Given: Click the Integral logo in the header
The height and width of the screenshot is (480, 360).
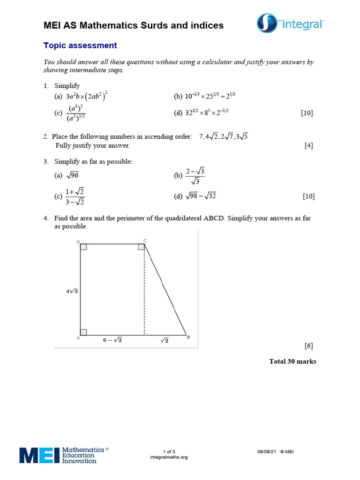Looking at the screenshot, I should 291,23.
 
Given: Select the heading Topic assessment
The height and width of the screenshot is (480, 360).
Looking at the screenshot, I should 80,45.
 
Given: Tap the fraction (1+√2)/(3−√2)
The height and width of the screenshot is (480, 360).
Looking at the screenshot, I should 75,196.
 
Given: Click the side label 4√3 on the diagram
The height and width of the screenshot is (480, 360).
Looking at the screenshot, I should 72,291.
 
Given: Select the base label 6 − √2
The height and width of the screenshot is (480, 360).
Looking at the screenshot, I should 112,340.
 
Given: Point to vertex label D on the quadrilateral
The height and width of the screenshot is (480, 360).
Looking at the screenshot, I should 78,241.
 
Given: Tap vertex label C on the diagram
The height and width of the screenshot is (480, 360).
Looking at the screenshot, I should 145,240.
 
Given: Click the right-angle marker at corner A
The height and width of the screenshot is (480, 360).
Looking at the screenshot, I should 83,332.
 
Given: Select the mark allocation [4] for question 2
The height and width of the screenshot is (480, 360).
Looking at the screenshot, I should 308,145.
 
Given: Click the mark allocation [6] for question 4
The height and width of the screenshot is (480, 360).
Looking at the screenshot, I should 308,346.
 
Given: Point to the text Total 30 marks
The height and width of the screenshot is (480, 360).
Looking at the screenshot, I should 292,361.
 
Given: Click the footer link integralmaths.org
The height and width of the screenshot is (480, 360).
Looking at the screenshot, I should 169,457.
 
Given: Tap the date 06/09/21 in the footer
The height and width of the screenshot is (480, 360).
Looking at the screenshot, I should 266,451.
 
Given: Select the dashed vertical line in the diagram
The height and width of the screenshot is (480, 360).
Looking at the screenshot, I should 144,291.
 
